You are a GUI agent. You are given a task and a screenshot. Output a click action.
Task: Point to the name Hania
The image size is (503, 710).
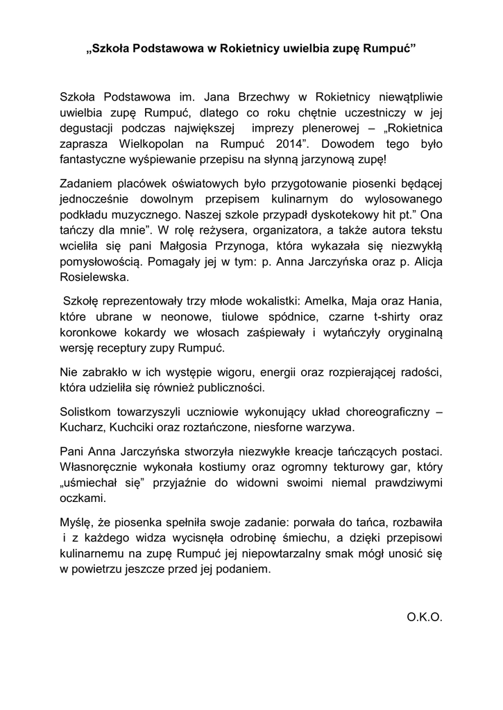click(x=423, y=302)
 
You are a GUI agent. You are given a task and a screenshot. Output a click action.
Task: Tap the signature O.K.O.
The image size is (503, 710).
click(x=424, y=616)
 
